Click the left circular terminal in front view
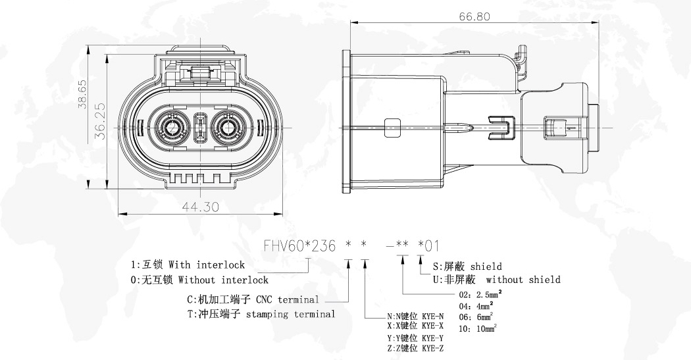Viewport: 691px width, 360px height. (173, 128)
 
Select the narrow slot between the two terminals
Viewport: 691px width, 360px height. (201, 128)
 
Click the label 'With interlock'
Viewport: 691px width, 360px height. (207, 265)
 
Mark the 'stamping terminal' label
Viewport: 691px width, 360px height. (290, 315)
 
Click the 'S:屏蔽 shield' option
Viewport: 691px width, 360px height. (467, 267)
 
